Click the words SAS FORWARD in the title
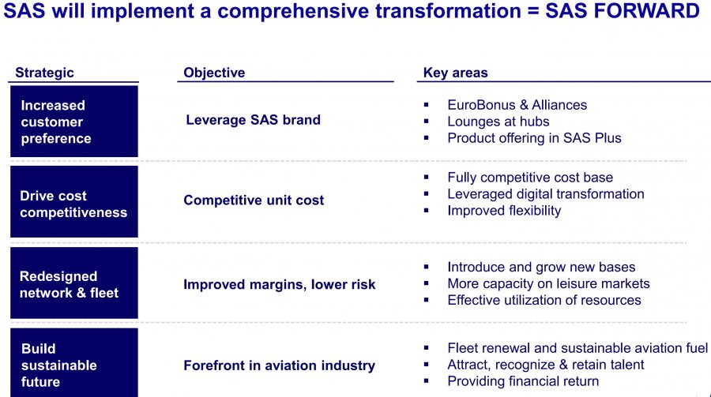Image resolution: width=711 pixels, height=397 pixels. pyautogui.click(x=623, y=11)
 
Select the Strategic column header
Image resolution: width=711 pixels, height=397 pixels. pyautogui.click(x=44, y=73)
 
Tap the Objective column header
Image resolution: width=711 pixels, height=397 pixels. pyautogui.click(x=214, y=73)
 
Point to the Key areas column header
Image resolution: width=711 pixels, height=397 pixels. pyautogui.click(x=455, y=73)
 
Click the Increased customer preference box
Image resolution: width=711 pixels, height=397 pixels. pyautogui.click(x=74, y=122)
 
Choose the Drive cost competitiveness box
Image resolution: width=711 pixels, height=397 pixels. pyautogui.click(x=74, y=202)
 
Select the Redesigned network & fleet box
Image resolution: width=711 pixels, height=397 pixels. pyautogui.click(x=74, y=283)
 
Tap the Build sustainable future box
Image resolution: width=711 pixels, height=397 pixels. pyautogui.click(x=74, y=362)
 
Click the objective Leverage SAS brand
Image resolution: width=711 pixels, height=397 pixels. pyautogui.click(x=253, y=120)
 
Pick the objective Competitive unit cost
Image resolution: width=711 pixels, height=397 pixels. pyautogui.click(x=254, y=200)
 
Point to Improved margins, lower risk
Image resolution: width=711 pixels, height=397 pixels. pyautogui.click(x=280, y=285)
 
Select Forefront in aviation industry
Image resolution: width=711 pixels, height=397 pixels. pyautogui.click(x=280, y=365)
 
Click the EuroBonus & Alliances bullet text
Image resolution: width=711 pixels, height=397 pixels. pyautogui.click(x=517, y=105)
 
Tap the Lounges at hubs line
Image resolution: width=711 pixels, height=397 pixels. pyautogui.click(x=498, y=122)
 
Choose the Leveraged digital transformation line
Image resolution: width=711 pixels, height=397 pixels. pyautogui.click(x=545, y=194)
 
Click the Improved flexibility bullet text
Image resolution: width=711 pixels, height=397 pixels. pyautogui.click(x=504, y=211)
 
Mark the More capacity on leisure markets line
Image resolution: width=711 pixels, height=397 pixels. pyautogui.click(x=549, y=283)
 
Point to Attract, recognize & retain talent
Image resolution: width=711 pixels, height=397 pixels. pyautogui.click(x=545, y=365)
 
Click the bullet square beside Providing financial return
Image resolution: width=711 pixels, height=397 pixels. pyautogui.click(x=427, y=381)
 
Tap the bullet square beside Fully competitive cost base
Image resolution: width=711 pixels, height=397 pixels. pyautogui.click(x=427, y=178)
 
